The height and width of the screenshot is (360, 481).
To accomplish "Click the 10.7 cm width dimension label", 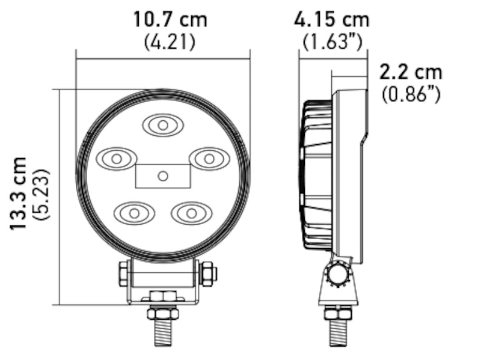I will point(170,19).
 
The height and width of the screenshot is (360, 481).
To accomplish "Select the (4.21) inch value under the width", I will point(170,43).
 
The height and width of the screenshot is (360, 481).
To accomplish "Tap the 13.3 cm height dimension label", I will point(19,193).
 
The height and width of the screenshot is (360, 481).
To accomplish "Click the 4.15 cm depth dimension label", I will point(331,19).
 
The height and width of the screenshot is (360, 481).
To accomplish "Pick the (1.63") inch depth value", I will point(331,43).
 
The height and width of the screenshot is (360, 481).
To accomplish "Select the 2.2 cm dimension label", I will point(411,72).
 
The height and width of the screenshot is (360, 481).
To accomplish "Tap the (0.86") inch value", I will point(411,94).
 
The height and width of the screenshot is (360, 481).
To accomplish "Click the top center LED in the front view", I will point(162,125).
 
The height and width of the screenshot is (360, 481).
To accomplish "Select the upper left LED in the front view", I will point(117,159).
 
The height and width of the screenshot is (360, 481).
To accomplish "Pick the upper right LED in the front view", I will point(209,159).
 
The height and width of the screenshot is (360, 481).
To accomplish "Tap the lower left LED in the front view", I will point(134,213).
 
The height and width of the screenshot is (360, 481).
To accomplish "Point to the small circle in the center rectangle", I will point(162,175).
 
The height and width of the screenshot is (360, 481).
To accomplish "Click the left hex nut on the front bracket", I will point(124,274).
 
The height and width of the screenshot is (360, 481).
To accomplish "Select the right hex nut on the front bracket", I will point(207,274).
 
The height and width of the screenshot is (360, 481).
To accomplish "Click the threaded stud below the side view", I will point(338,332).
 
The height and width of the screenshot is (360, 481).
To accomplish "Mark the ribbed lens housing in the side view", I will point(316,174).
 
